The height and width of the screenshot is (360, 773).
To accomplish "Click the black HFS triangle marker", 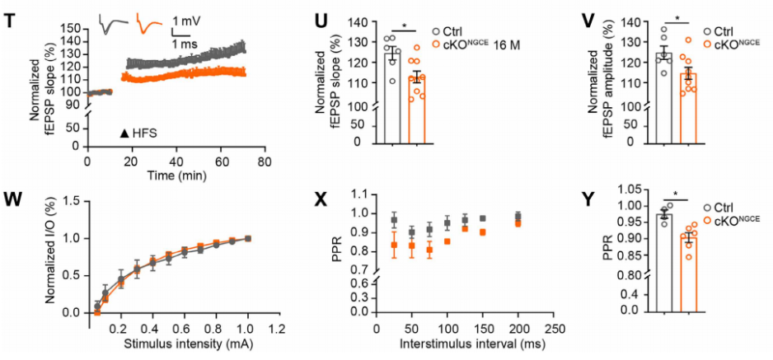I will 124,133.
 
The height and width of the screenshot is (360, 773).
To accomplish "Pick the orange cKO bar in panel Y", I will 689,272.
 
